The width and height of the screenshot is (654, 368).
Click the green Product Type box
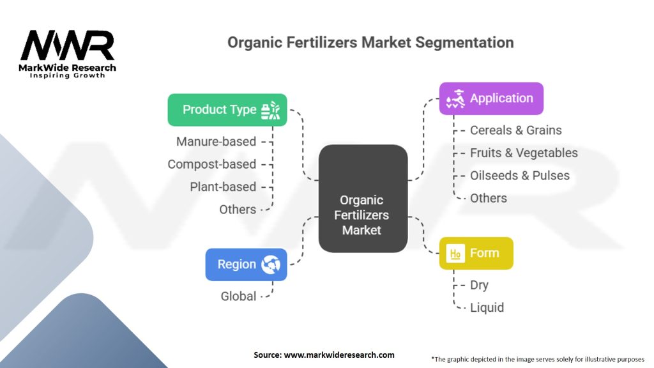pos(227,110)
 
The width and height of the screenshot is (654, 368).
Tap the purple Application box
pos(490,98)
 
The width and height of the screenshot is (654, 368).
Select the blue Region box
pos(246,264)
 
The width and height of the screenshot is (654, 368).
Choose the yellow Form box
pos(476,253)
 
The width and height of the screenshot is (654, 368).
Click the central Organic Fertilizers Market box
pos(362,215)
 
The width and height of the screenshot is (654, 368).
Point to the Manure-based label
pos(216,141)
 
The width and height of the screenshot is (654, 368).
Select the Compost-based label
pos(211,164)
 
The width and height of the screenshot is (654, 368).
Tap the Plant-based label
pos(223,187)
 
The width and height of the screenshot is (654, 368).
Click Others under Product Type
pos(238,210)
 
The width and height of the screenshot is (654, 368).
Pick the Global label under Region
pos(238,296)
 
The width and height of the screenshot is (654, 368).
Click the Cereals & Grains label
pos(516,130)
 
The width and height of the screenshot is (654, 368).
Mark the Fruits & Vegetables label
pos(524,153)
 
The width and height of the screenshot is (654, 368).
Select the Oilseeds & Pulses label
pos(520,176)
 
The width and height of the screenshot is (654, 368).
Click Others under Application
pos(489,198)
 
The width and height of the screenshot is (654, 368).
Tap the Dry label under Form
pos(479,285)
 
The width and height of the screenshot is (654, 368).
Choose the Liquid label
pos(487,307)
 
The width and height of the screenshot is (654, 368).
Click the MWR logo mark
pos(68,46)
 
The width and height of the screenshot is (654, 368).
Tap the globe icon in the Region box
pos(271,264)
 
